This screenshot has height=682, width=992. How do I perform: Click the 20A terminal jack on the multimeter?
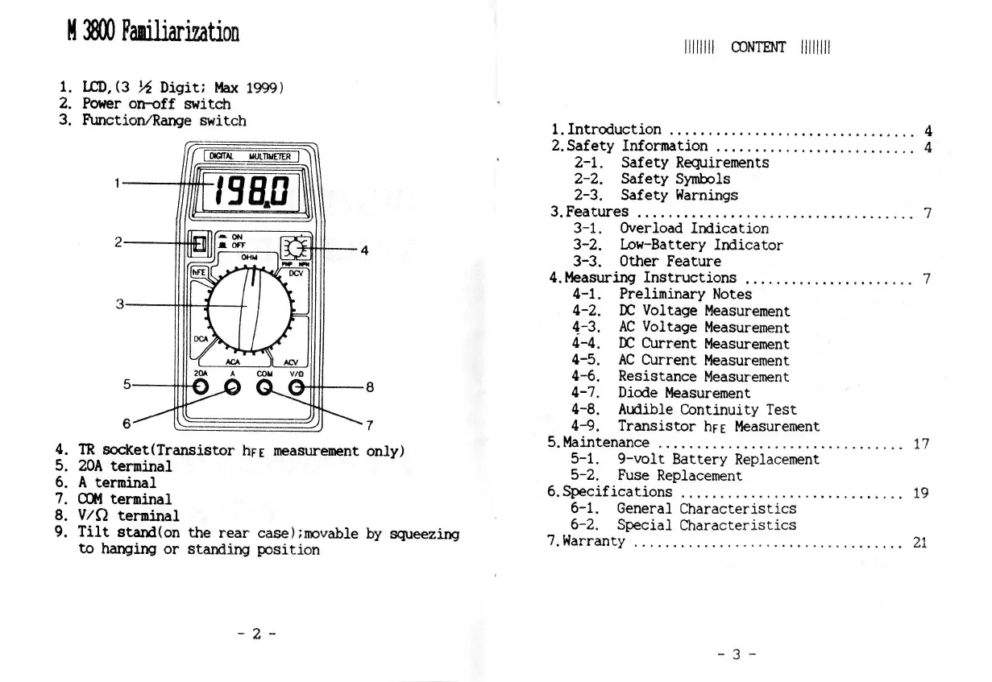[201, 388]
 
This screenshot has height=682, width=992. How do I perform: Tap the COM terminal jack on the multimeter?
[265, 388]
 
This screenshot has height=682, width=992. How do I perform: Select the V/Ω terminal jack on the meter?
[297, 388]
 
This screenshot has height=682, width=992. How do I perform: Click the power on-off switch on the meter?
[199, 243]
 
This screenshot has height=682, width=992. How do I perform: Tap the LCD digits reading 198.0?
[252, 192]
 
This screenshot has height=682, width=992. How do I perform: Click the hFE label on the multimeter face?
[198, 272]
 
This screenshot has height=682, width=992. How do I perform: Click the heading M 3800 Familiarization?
[152, 33]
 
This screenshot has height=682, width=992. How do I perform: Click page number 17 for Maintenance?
[920, 443]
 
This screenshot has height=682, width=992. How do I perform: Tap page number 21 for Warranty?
[920, 542]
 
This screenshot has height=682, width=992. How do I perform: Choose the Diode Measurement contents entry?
[683, 393]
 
